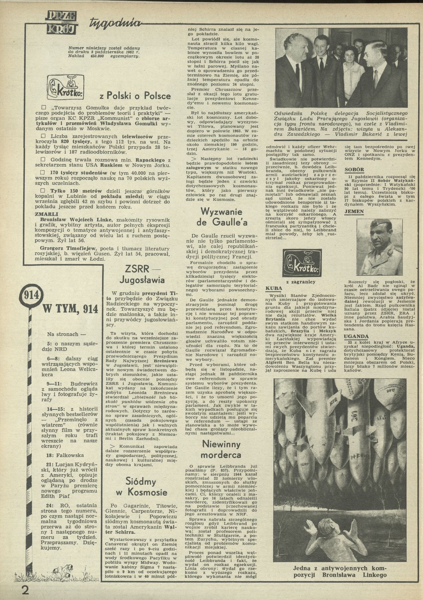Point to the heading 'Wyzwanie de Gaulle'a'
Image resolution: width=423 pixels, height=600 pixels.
point(222,217)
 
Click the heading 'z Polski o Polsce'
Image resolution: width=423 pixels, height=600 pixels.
point(135,96)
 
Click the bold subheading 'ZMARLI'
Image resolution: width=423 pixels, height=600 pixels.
point(46,214)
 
